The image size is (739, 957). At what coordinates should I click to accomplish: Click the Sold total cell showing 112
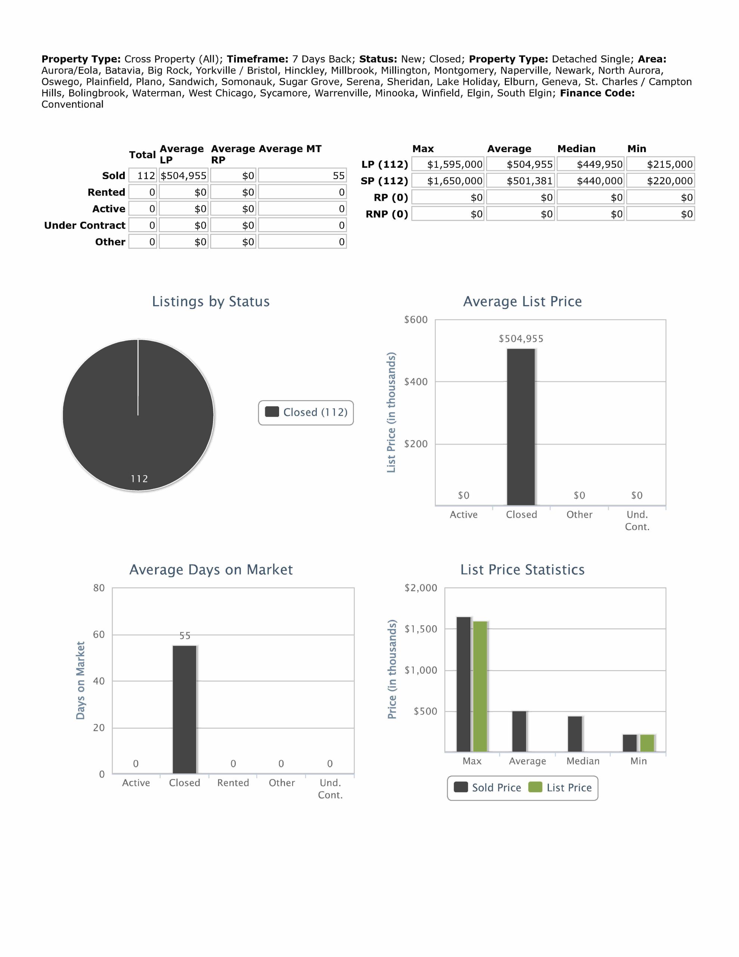tap(143, 176)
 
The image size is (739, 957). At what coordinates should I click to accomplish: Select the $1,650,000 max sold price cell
tap(448, 181)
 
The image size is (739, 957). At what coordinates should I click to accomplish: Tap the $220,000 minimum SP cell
tap(661, 181)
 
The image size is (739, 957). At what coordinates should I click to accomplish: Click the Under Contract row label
tap(84, 225)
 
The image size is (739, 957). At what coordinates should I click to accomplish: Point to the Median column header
tap(576, 148)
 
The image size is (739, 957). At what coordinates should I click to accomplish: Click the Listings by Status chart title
tap(211, 301)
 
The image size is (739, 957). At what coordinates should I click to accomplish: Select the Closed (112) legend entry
tap(306, 412)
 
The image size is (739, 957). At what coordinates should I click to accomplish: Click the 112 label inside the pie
tap(139, 478)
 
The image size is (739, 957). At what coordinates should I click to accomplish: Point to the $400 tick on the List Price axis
tap(415, 382)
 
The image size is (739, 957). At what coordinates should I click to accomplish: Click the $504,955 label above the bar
tap(521, 339)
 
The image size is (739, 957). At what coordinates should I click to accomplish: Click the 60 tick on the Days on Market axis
tap(99, 634)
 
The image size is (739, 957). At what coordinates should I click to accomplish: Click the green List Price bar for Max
tap(480, 686)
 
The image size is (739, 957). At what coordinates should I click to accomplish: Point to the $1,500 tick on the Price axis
tap(421, 629)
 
